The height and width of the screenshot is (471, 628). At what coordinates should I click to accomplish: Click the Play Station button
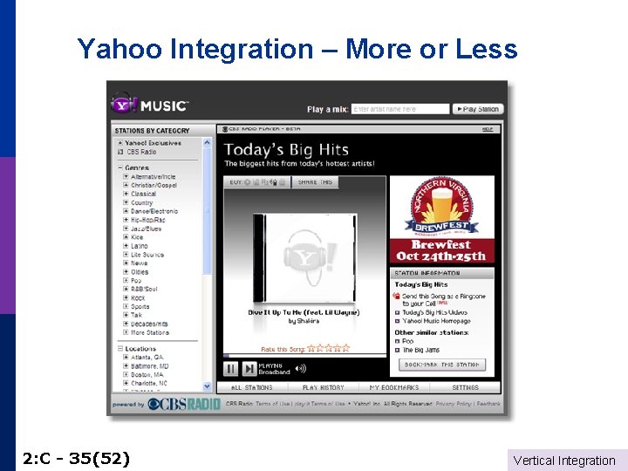point(477,109)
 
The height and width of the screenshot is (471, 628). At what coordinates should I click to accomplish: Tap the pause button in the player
point(231,368)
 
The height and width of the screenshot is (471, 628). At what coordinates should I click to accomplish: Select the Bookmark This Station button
point(443,365)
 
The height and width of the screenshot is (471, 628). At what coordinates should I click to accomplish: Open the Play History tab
point(323,387)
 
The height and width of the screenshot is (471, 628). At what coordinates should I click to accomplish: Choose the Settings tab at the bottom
point(465,387)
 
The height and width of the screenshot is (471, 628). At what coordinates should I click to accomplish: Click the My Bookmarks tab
point(393,387)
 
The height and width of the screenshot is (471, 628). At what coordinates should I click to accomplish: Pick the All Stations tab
point(252,387)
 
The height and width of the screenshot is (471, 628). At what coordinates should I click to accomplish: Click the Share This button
point(315,182)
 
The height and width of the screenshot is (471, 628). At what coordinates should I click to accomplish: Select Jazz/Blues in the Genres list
point(146,229)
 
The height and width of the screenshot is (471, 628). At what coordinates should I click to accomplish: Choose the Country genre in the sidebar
point(141,202)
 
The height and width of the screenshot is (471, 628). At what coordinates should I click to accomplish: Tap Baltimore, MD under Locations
point(149,366)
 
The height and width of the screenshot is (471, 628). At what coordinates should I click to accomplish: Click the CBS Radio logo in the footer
point(184,404)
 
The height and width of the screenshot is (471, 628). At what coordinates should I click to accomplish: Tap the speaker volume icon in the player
point(301,368)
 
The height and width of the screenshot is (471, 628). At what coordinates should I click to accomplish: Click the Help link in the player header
point(488,129)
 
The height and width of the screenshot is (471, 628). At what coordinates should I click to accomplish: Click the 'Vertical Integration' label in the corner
point(564,461)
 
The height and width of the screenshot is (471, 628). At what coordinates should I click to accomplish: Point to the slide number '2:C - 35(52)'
point(77,457)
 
